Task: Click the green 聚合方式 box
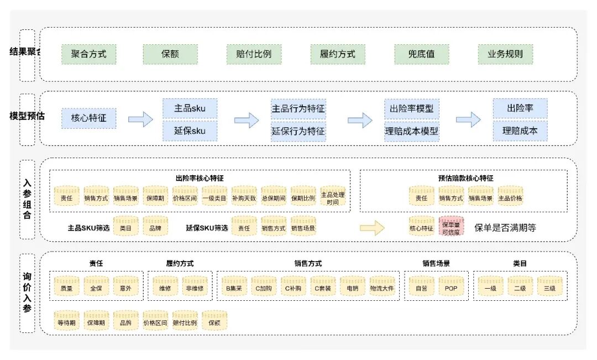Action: (x=88, y=55)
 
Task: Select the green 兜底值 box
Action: (x=421, y=55)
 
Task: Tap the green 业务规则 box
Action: (x=505, y=55)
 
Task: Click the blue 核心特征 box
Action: (x=88, y=118)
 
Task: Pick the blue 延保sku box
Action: (x=190, y=131)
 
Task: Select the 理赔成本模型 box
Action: (x=411, y=131)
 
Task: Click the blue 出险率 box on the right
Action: (x=520, y=108)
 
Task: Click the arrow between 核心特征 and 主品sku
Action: (x=140, y=119)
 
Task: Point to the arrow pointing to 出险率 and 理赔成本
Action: (x=468, y=119)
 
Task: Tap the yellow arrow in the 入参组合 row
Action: (x=371, y=227)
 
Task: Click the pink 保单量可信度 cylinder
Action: (x=451, y=226)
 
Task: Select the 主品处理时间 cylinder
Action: (x=333, y=197)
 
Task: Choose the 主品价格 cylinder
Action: (x=510, y=197)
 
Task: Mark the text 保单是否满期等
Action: (x=505, y=227)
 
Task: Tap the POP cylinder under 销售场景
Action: (x=451, y=287)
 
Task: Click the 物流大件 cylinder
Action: (x=383, y=287)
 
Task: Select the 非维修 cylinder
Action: (x=195, y=287)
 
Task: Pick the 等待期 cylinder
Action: (x=66, y=321)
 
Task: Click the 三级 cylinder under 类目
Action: (x=549, y=287)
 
